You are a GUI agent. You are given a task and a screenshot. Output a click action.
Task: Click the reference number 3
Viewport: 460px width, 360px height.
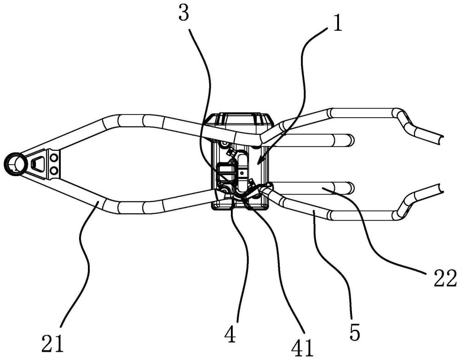[184, 13]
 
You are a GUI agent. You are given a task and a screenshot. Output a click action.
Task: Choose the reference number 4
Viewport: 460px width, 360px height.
[230, 334]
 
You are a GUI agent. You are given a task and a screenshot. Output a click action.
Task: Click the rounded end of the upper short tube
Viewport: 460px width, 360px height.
[351, 139]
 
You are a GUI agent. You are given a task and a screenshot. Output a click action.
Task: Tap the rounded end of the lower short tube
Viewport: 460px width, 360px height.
[351, 188]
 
